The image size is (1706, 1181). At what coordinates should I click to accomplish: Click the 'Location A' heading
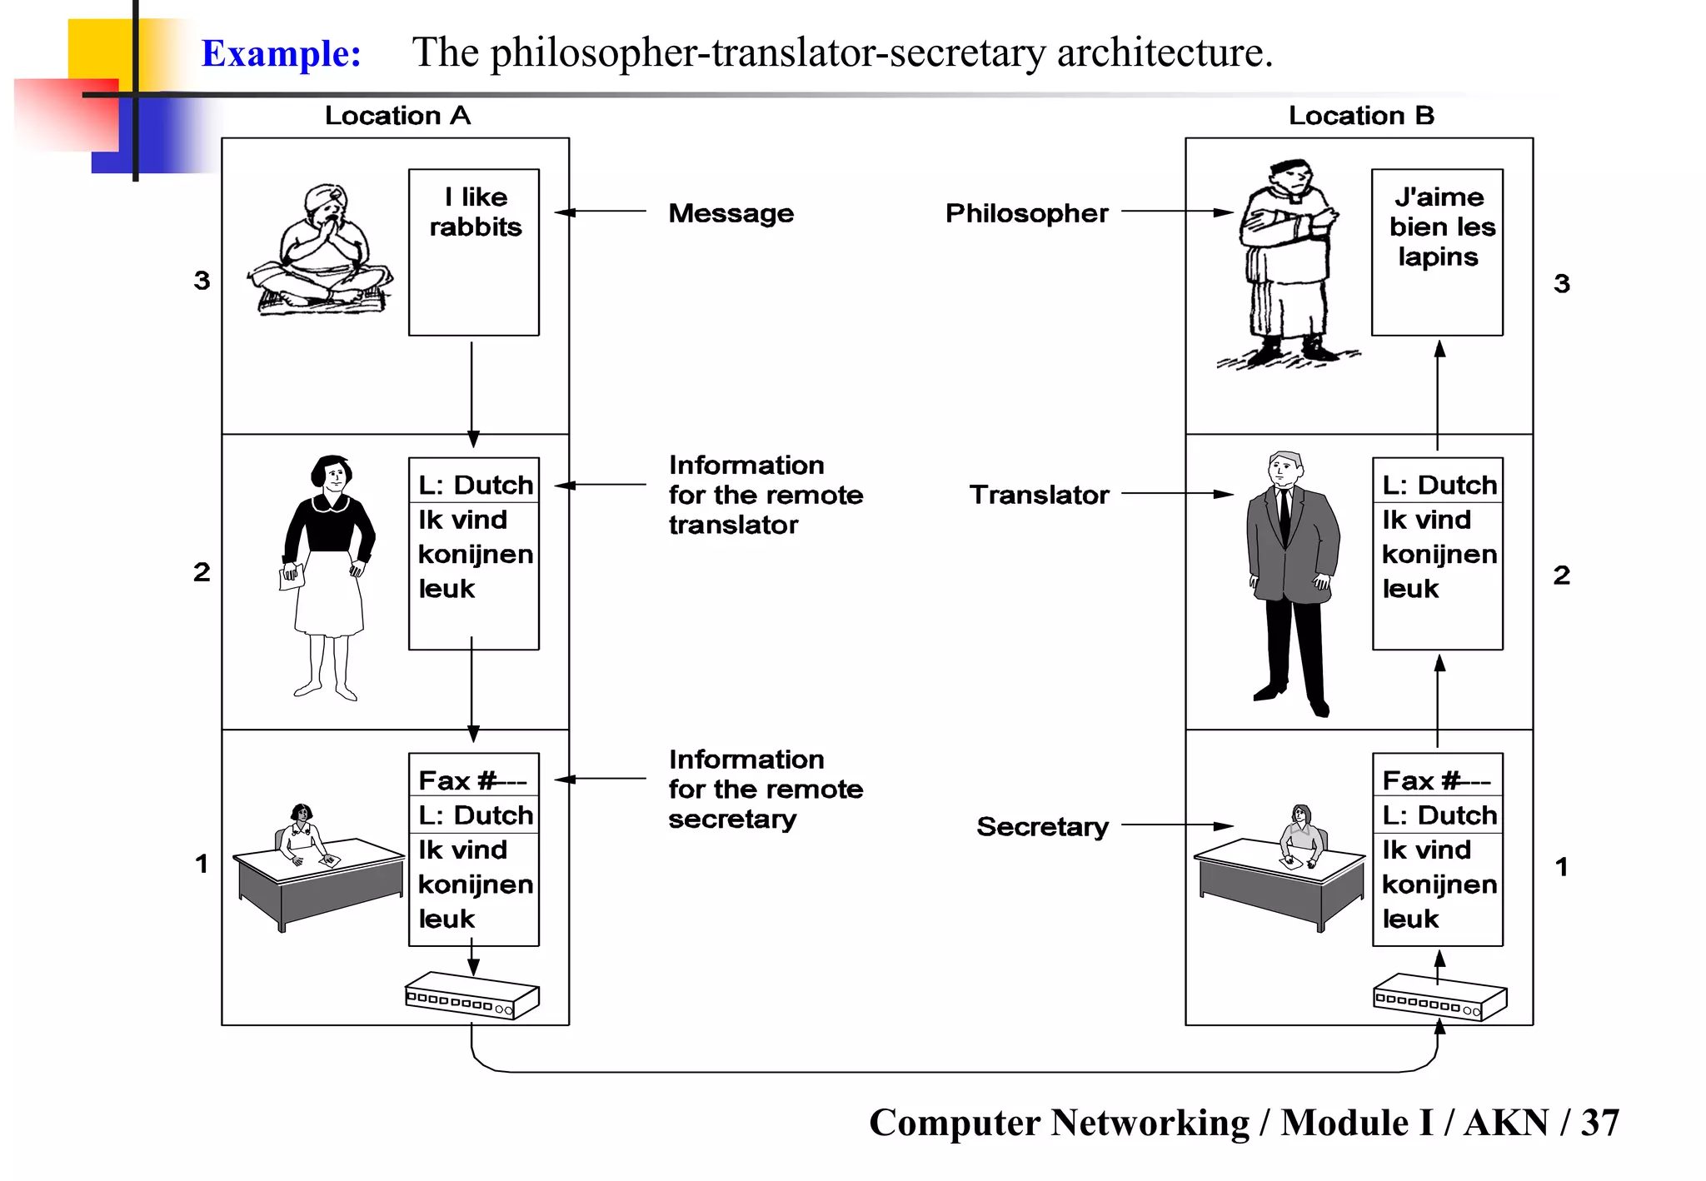(397, 116)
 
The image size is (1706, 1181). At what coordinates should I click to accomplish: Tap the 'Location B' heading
(1360, 116)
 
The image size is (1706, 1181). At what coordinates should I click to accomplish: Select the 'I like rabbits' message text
(475, 212)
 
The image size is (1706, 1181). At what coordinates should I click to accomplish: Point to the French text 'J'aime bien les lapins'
(1439, 227)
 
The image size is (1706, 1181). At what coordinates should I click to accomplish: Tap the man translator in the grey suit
(1291, 575)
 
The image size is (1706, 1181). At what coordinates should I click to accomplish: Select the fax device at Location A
(471, 995)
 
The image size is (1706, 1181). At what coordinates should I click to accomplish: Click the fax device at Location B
(1439, 997)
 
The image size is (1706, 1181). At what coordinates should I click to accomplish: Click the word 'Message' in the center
(731, 213)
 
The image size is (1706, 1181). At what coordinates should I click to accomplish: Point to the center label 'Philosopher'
(1026, 213)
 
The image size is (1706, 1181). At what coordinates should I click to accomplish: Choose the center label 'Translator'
(1039, 495)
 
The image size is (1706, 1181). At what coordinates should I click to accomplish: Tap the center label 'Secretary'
(1042, 826)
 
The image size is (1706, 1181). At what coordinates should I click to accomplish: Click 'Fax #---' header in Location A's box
(472, 780)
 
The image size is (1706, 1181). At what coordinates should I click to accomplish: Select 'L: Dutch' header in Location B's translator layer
(1439, 485)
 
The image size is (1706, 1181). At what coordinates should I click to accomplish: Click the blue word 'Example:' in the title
(282, 53)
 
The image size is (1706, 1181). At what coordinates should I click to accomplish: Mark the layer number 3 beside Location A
(202, 281)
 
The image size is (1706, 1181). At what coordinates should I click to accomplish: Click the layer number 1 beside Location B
(1561, 867)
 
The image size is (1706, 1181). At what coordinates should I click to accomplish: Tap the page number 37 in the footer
(1599, 1123)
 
